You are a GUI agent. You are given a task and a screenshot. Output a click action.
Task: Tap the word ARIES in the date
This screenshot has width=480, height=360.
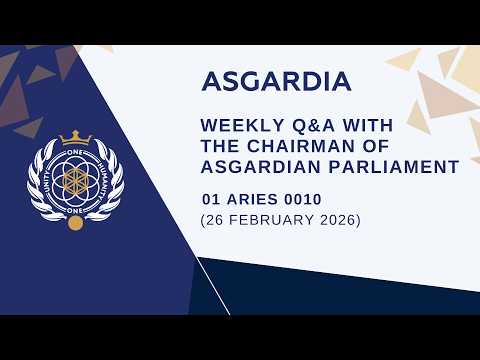249,199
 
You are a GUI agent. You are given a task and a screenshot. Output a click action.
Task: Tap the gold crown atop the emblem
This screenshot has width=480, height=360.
75,138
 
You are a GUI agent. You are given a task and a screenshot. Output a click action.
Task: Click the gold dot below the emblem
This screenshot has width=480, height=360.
75,220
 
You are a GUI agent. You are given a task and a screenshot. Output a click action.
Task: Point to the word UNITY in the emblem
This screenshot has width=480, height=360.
47,180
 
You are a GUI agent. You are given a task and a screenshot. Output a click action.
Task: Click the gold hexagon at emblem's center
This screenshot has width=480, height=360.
75,180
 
